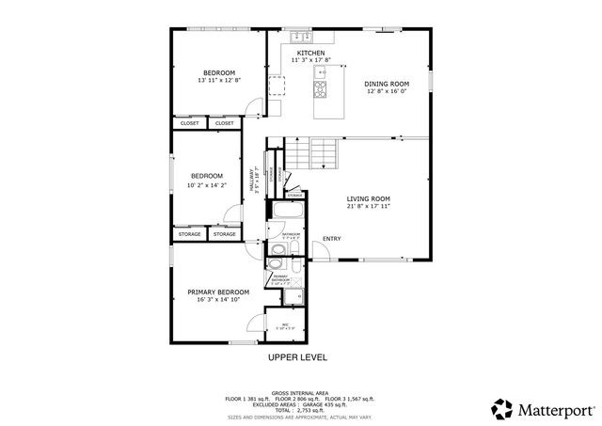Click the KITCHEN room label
coord(311,53)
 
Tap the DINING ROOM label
coord(387,84)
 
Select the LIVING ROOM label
coord(368,198)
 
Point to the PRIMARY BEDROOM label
coord(218,292)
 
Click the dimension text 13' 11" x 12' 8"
coord(219,81)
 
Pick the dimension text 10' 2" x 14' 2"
coord(207,184)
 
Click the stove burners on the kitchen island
coord(320,89)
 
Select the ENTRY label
coord(332,238)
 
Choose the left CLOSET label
coord(189,123)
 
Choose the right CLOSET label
coord(224,123)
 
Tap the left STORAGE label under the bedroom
coord(189,233)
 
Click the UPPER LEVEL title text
coord(297,358)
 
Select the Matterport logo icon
coord(502,409)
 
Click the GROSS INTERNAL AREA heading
coord(299,392)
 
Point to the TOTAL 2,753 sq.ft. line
coord(299,409)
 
